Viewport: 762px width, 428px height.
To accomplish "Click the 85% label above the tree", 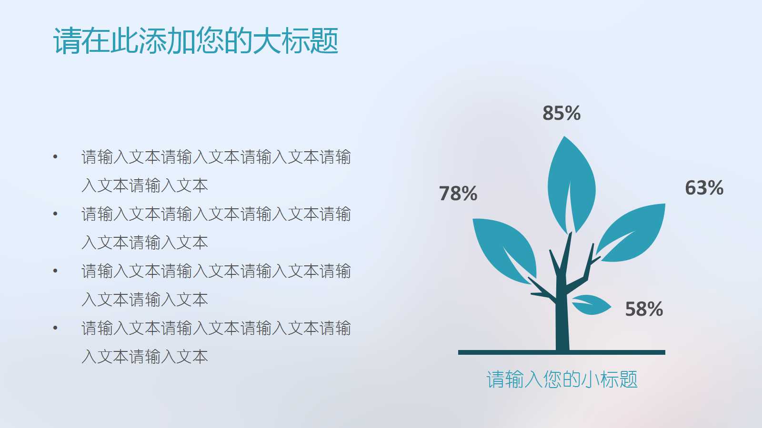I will [x=561, y=113].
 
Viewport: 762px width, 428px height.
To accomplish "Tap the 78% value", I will [x=458, y=194].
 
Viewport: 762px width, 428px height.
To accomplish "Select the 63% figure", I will [x=704, y=188].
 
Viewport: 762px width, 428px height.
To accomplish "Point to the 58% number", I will [x=644, y=309].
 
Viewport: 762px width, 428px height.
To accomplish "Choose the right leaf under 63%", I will [x=633, y=233].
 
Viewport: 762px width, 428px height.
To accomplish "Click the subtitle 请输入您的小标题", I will [x=561, y=379].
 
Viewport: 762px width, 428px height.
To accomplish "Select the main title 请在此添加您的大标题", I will [x=196, y=40].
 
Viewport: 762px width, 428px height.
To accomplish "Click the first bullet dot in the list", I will [x=55, y=156].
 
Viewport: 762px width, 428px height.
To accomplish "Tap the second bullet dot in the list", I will [x=55, y=214].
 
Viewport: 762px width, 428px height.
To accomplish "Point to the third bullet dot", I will [x=55, y=271].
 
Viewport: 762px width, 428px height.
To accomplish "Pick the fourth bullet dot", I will [x=55, y=328].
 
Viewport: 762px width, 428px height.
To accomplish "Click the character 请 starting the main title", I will [x=67, y=40].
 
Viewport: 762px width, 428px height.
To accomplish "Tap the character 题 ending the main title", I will [x=324, y=40].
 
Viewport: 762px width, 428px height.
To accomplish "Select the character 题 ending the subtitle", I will [x=628, y=379].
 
